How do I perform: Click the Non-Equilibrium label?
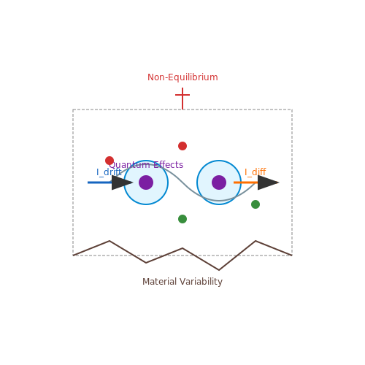point(182,77)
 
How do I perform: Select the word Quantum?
point(129,165)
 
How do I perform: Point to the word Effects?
point(169,165)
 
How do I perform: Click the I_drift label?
point(109,172)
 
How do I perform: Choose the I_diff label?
point(255,172)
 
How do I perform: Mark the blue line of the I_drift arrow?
point(100,182)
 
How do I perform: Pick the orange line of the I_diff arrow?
point(246,182)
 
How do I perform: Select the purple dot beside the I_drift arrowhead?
point(146,182)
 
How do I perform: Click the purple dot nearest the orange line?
point(219,182)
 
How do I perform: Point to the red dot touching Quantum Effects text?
point(109,161)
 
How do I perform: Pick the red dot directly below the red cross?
point(182,146)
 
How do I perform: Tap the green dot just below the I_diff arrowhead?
point(255,204)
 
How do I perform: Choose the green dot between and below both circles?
point(182,219)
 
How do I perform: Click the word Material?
point(159,282)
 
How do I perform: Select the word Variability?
point(201,282)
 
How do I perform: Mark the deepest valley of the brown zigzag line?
point(219,270)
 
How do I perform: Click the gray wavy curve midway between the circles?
point(182,182)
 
